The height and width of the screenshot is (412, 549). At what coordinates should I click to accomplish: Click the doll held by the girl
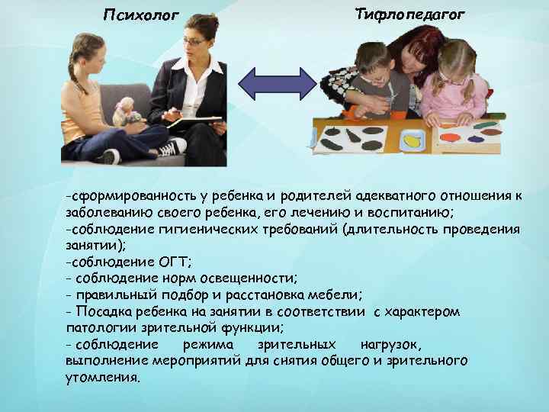[126, 111]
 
